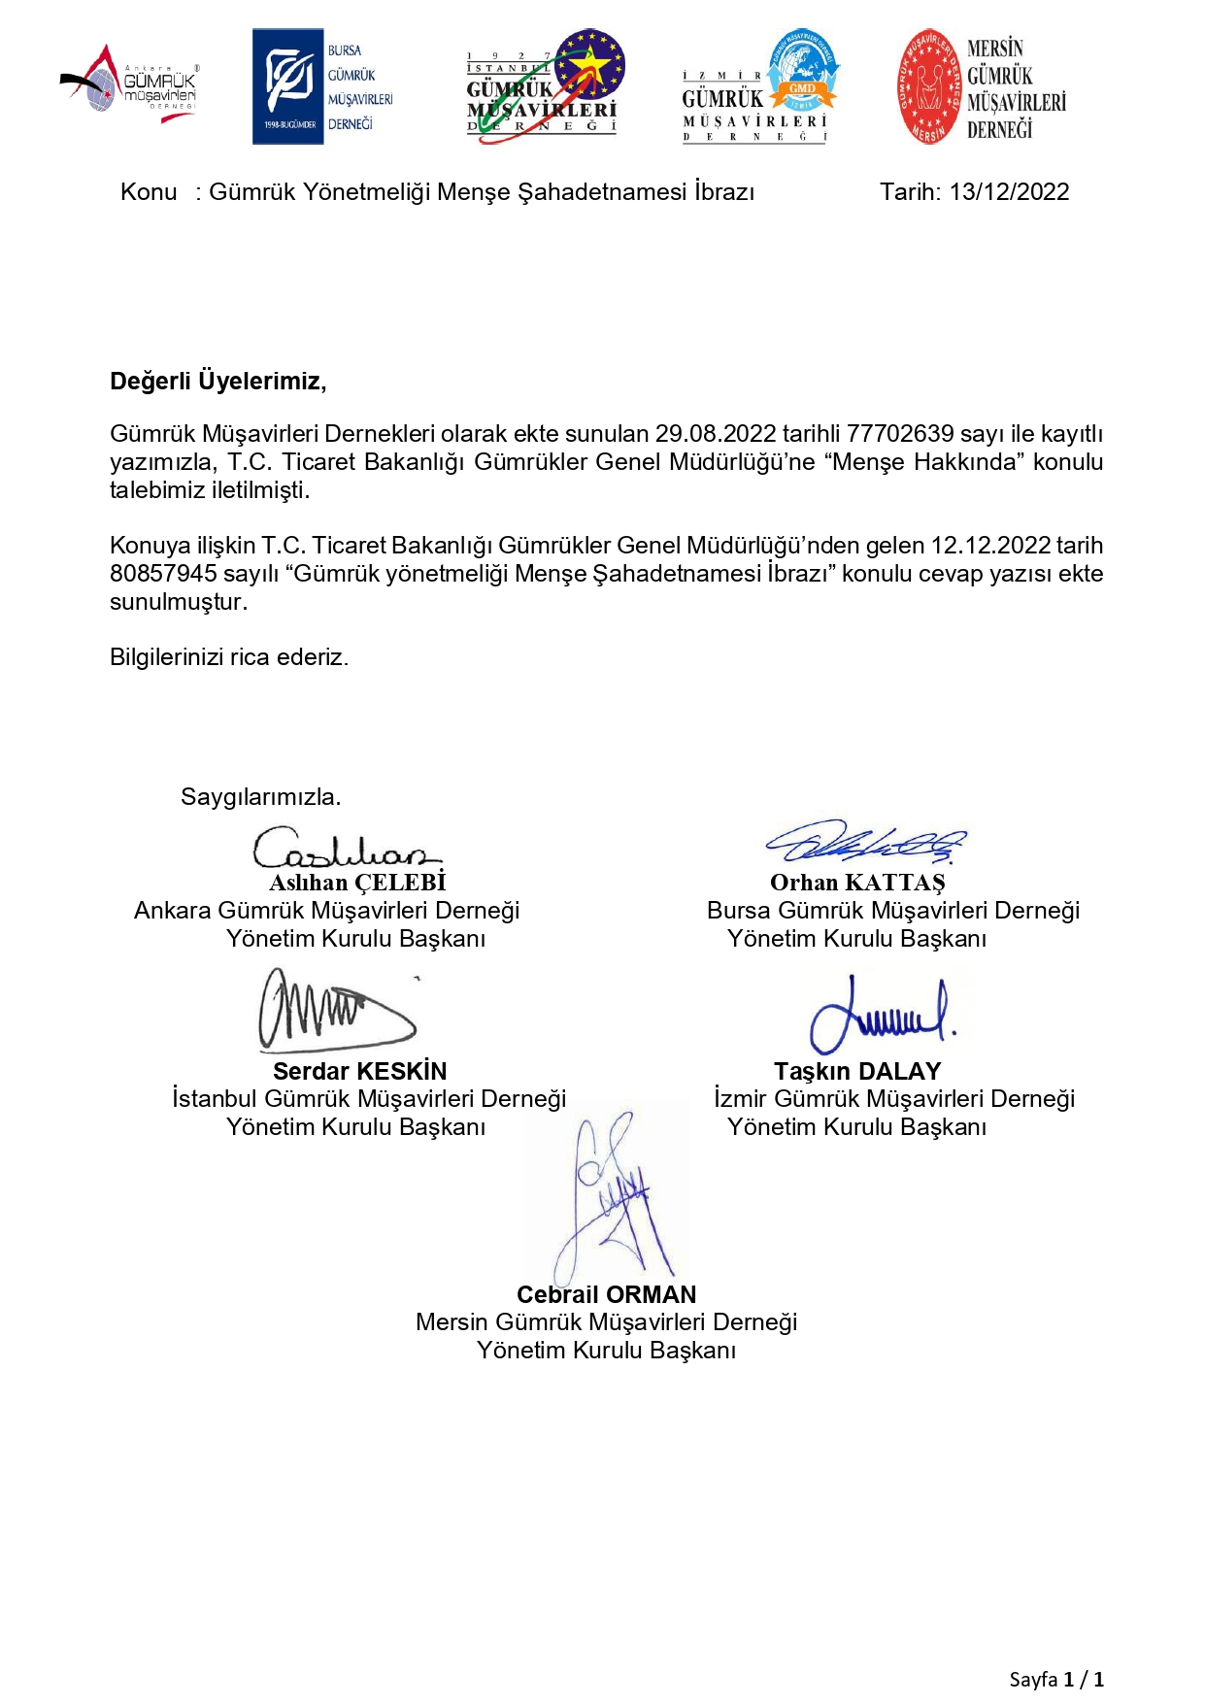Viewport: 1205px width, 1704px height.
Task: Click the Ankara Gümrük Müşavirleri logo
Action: tap(130, 84)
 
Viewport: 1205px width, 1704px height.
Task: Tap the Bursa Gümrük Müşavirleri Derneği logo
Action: tap(323, 86)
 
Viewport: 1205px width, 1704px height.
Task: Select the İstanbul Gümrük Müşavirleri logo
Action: tap(545, 86)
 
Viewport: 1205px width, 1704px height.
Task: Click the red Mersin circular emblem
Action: tap(928, 86)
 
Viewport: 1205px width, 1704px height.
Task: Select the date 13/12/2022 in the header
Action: tap(1009, 192)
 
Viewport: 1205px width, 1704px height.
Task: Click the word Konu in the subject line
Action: tap(149, 192)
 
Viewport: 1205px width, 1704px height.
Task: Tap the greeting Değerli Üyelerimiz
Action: tap(218, 381)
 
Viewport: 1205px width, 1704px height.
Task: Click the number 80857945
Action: tap(163, 574)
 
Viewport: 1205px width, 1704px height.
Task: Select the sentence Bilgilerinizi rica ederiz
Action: tap(229, 657)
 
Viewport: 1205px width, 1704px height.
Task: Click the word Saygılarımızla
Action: tap(260, 797)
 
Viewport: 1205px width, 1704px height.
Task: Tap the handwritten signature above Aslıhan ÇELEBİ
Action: tap(345, 849)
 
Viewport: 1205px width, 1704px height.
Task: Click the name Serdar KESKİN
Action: tap(359, 1071)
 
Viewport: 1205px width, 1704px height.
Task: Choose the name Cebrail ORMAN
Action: tap(606, 1294)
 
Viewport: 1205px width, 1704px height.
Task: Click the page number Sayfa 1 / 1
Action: tap(1055, 1679)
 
